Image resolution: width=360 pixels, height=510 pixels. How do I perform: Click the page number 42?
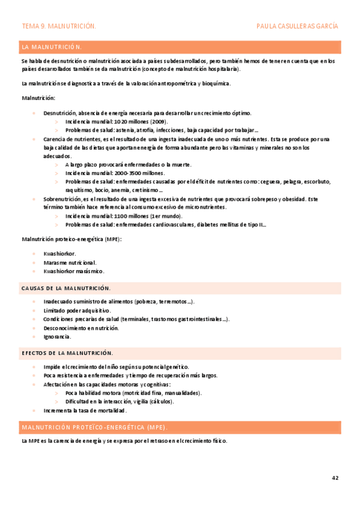click(x=335, y=478)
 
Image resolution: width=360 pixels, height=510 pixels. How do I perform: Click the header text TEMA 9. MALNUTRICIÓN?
click(x=58, y=26)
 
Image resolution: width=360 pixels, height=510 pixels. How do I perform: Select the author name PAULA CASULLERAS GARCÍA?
click(x=297, y=26)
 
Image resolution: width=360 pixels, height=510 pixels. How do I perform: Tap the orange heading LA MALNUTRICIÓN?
click(x=52, y=47)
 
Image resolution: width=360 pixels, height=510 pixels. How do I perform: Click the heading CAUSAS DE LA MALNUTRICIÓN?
click(x=66, y=289)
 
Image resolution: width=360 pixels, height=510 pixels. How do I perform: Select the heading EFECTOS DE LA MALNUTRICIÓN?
click(x=67, y=353)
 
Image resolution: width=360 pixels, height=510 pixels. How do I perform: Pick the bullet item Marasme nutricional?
click(x=70, y=263)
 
